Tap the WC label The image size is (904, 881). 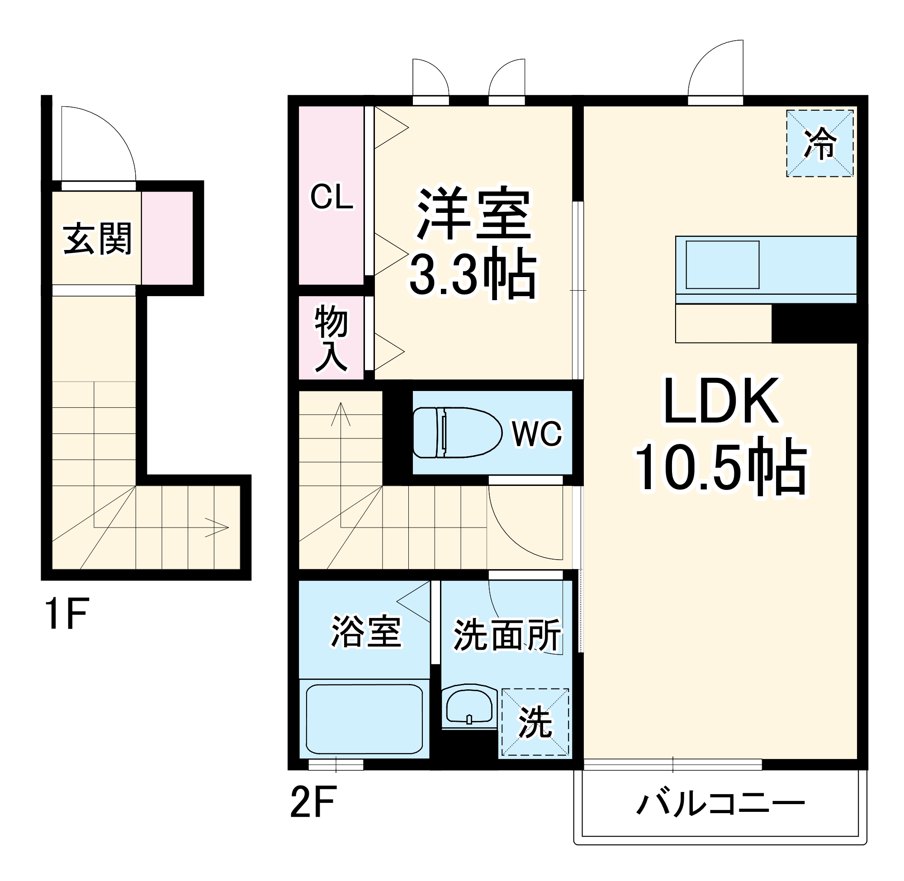tap(536, 433)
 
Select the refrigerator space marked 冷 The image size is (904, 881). tap(819, 143)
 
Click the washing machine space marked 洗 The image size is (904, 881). tap(535, 723)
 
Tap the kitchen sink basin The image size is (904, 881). tap(722, 265)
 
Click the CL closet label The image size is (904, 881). tap(331, 197)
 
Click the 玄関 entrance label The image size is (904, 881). tap(98, 239)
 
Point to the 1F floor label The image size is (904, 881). tap(66, 614)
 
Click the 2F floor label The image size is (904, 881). tap(312, 801)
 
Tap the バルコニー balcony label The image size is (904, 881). tap(721, 804)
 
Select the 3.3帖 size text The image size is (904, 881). tap(473, 274)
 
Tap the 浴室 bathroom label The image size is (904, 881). tap(366, 631)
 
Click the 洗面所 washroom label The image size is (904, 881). tap(507, 635)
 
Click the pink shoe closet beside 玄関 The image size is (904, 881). tap(167, 238)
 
